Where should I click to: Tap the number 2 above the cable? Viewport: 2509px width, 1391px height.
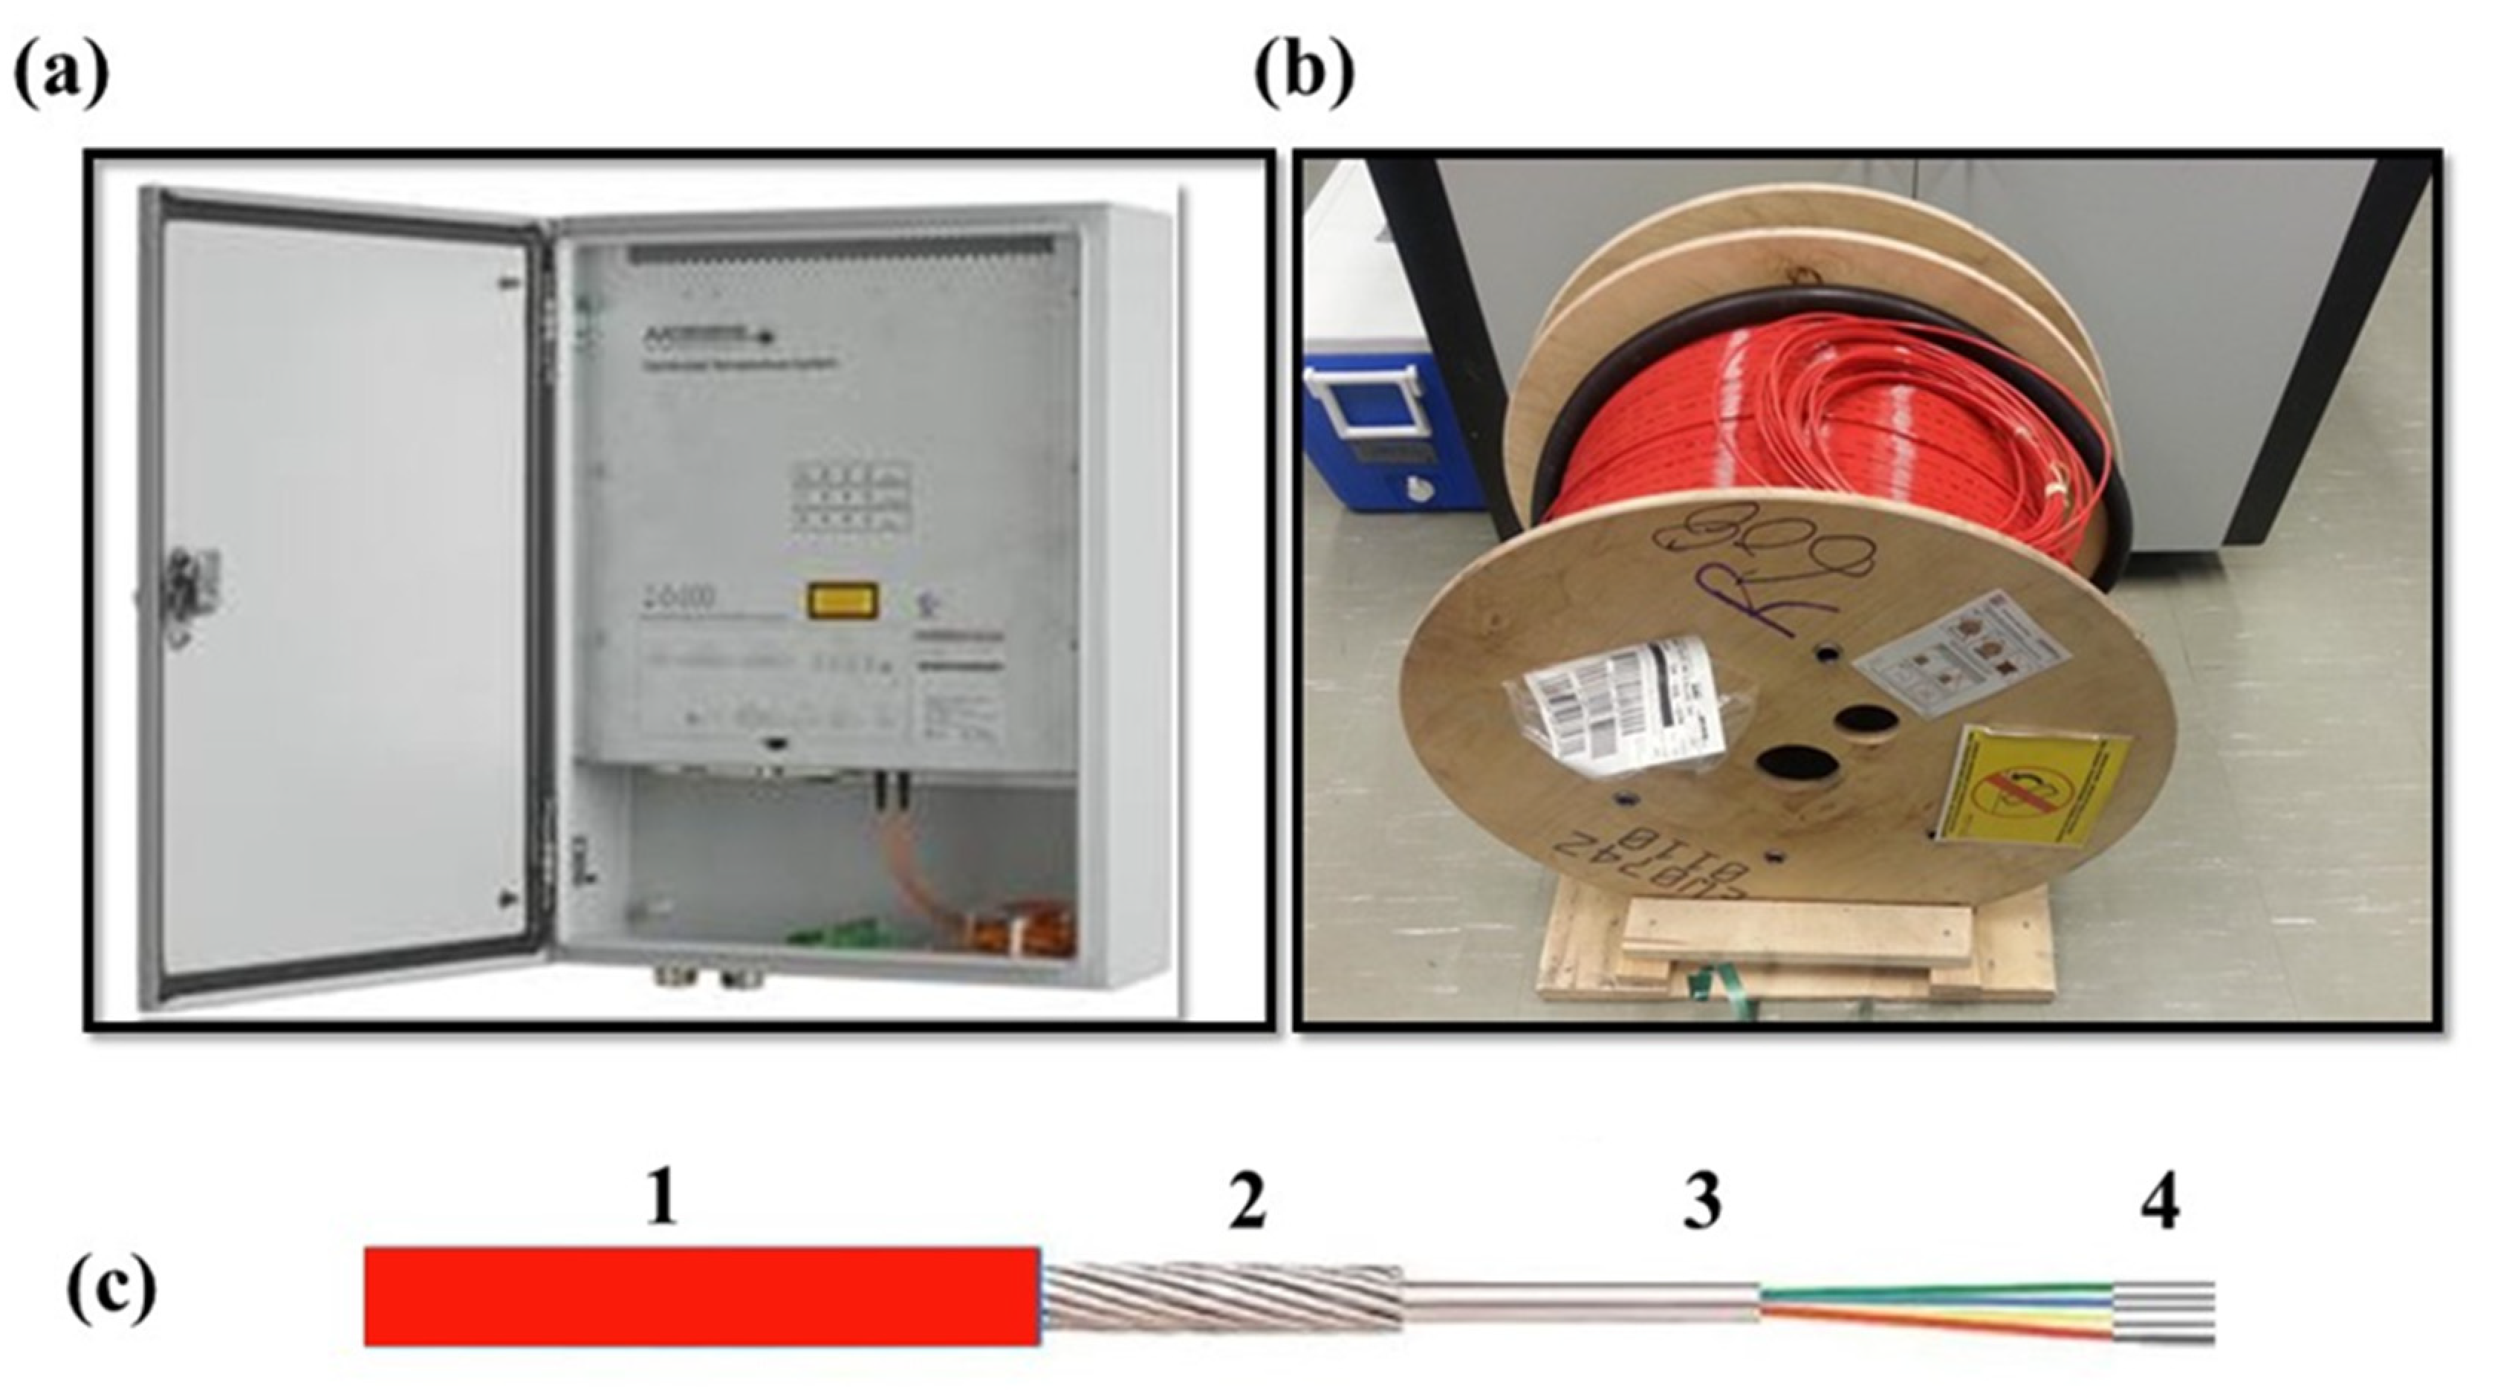1247,1201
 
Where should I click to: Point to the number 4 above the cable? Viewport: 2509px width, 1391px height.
2158,1201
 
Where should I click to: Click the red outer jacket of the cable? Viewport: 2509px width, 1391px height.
701,1296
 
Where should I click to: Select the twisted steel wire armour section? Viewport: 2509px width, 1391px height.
1222,1296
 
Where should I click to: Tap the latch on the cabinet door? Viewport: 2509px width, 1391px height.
190,594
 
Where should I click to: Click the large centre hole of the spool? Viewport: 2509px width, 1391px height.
1797,787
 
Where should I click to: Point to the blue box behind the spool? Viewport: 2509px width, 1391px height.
1373,429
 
